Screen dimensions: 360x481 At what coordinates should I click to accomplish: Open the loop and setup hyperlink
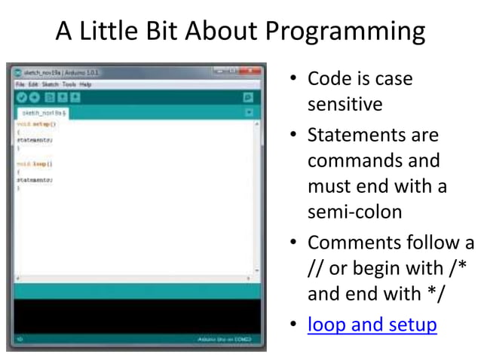(372, 325)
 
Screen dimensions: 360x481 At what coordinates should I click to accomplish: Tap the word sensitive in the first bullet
(345, 104)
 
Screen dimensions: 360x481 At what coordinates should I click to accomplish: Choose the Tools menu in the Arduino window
(69, 84)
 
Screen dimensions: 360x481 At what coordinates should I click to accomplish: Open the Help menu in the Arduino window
(85, 84)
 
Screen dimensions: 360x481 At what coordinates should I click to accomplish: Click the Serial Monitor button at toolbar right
(248, 97)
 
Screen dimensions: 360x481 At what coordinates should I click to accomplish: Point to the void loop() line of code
(30, 163)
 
